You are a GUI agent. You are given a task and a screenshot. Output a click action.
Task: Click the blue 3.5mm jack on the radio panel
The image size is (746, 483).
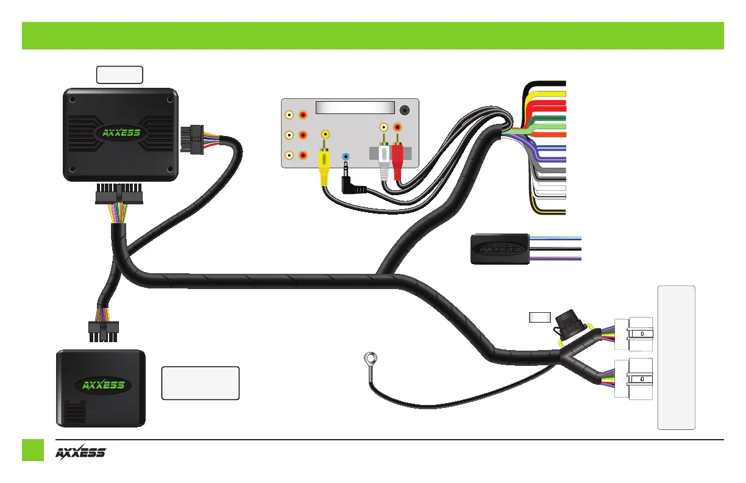(346, 157)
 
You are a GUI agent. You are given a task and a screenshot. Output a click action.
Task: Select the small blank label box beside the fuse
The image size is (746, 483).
(539, 317)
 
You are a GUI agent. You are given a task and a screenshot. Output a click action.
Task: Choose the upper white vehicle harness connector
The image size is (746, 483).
(634, 334)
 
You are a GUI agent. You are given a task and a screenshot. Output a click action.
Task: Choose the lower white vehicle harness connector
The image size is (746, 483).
(634, 379)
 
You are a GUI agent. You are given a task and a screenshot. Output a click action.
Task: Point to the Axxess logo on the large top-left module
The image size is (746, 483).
(121, 133)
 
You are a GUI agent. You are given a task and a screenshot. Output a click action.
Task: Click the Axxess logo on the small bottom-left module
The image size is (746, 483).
(104, 385)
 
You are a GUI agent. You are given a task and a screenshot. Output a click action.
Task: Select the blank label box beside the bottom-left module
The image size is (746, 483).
(200, 383)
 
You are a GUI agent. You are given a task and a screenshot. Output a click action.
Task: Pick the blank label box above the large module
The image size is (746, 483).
(120, 74)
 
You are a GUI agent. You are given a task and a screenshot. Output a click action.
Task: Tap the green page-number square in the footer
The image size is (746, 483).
(34, 450)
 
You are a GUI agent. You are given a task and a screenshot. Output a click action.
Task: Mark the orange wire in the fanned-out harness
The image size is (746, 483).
(549, 135)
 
